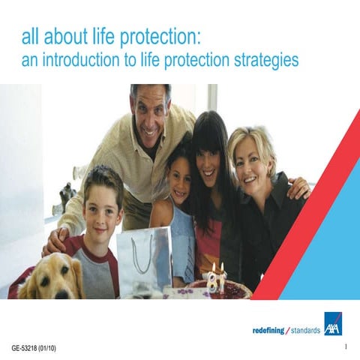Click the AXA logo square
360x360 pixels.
point(332,323)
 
